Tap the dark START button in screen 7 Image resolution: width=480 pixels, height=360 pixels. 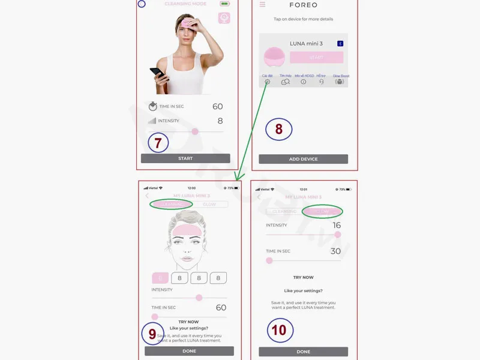(x=185, y=158)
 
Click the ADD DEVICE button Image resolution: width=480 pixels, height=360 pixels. (x=303, y=159)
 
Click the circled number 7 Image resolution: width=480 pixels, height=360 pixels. (x=158, y=143)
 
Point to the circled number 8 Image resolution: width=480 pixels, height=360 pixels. (x=279, y=129)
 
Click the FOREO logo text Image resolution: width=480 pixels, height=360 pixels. (x=304, y=5)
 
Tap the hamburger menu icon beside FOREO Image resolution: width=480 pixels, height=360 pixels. (x=262, y=5)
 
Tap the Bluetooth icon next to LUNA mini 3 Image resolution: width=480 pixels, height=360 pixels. (x=340, y=44)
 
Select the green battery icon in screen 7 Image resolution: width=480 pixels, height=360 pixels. (x=224, y=4)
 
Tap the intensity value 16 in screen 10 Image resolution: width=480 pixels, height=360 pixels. (x=336, y=225)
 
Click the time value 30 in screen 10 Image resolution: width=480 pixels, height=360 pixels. (x=336, y=251)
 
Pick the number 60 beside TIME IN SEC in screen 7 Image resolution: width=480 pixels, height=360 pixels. (x=217, y=107)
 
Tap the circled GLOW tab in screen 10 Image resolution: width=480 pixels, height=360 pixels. (x=322, y=211)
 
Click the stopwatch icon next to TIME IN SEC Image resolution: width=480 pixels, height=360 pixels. (x=152, y=107)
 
